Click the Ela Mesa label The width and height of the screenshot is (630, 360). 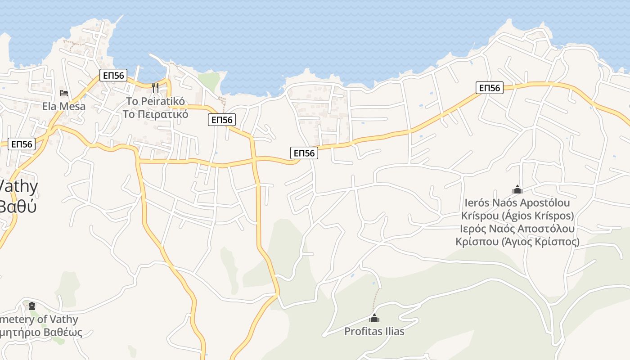[x=64, y=107]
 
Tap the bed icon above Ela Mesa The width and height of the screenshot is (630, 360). [x=64, y=93]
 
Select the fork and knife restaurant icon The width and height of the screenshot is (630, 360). [x=155, y=87]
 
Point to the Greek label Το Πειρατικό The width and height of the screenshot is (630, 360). [x=155, y=114]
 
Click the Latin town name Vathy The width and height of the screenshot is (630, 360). [x=18, y=187]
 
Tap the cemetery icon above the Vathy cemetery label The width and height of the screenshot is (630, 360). [x=32, y=306]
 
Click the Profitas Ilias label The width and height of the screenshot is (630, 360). [x=374, y=332]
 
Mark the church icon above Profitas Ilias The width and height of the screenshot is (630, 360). [x=374, y=319]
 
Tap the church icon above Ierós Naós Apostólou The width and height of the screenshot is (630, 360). [x=517, y=189]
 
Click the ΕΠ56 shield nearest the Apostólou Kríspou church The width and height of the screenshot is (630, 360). [x=490, y=88]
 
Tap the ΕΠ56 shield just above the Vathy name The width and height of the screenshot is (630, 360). [x=22, y=144]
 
